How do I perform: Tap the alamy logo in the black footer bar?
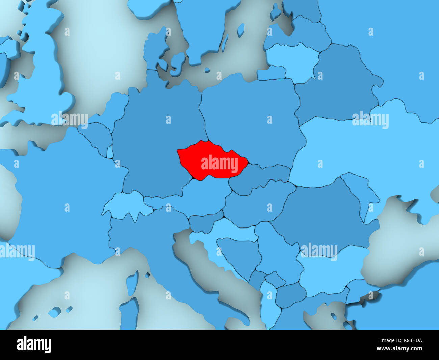point(34,345)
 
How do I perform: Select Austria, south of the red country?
point(196,199)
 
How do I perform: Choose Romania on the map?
point(321,216)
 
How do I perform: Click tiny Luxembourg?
point(110,152)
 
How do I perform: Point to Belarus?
point(338,85)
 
